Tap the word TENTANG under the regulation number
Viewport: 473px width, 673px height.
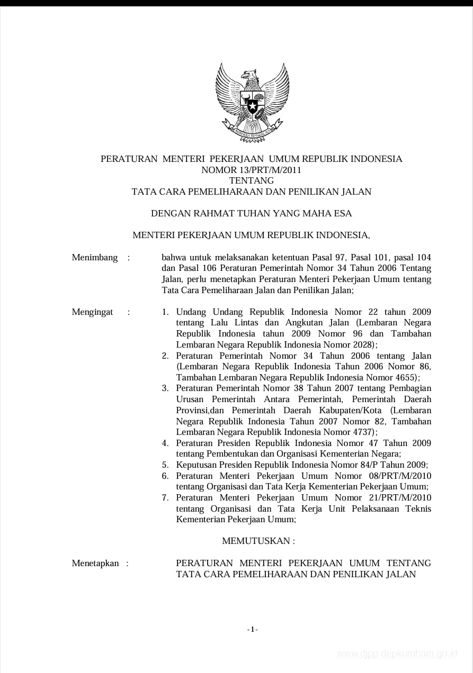coord(251,180)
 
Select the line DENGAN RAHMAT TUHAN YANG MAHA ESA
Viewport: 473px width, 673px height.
coord(251,214)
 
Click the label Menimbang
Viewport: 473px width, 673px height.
coord(95,258)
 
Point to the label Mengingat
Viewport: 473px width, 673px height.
coord(93,312)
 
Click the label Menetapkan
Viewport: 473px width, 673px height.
coord(95,563)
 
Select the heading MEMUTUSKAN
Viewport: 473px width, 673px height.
coord(258,541)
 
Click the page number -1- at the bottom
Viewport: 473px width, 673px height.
coord(252,629)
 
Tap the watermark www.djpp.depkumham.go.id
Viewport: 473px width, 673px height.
coord(397,654)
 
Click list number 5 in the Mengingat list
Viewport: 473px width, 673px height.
coord(165,465)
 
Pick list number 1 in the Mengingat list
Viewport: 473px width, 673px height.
coord(165,312)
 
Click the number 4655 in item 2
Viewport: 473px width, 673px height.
coord(405,378)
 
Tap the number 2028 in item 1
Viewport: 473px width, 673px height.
coord(362,345)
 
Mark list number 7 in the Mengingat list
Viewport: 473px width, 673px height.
coord(165,498)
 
